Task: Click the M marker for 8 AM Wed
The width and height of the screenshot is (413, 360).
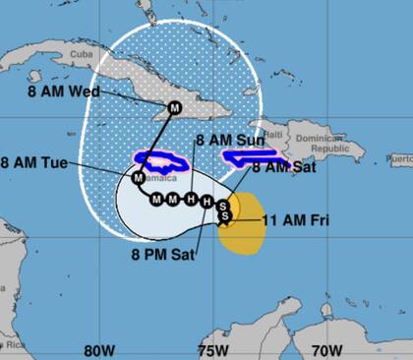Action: [175, 107]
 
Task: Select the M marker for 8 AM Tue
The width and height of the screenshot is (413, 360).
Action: [138, 179]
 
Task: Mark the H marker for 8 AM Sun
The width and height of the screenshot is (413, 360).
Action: [192, 200]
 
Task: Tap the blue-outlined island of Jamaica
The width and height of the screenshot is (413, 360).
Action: [164, 160]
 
